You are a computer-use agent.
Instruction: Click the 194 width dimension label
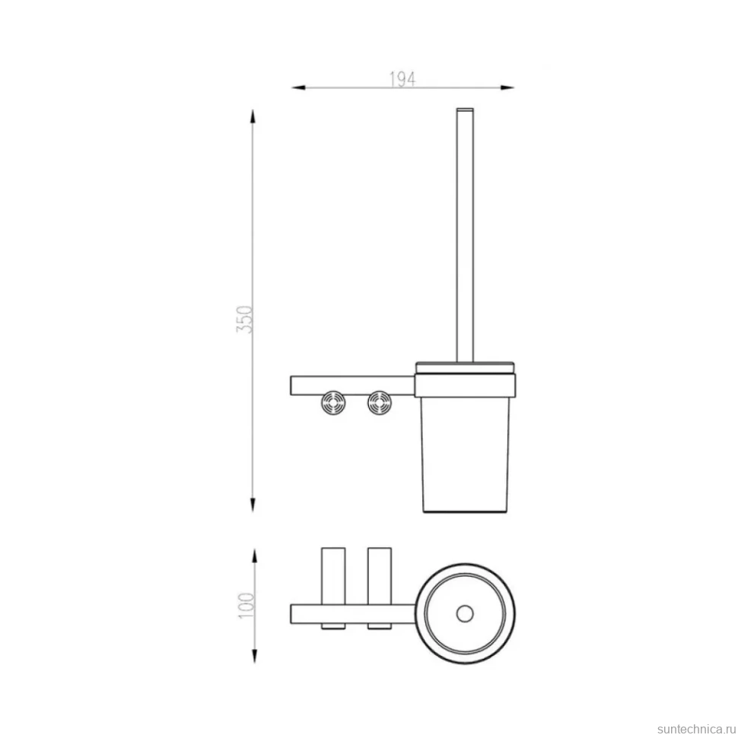point(402,79)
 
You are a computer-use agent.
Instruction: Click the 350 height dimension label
point(245,319)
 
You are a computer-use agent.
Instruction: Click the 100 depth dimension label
point(247,606)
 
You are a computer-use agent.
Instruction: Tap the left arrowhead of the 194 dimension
point(298,87)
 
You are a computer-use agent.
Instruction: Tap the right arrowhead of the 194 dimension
point(507,87)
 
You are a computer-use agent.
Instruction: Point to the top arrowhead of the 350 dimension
point(253,116)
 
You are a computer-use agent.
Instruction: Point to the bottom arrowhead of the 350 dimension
point(253,504)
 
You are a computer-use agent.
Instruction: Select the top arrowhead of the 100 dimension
point(255,556)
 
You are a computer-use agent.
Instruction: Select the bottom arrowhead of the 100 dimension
point(255,656)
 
